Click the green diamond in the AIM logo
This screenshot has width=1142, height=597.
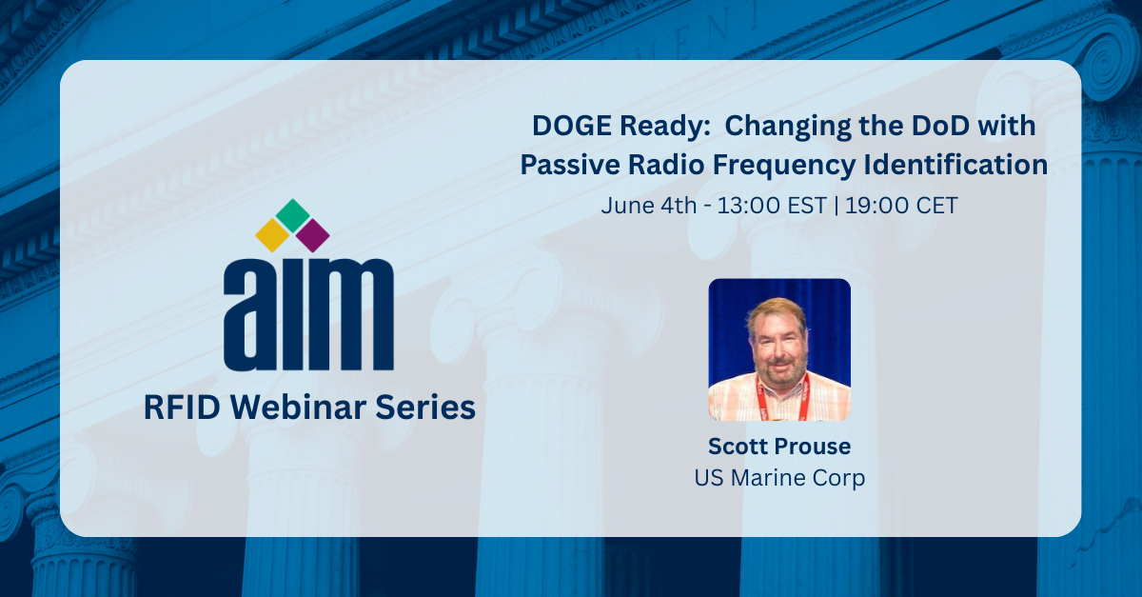[293, 214]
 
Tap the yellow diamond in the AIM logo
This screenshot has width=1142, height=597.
[272, 235]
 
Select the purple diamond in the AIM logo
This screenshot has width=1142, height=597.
[312, 235]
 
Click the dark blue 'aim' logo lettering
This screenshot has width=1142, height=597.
[308, 314]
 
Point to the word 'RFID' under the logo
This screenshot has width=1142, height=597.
[182, 408]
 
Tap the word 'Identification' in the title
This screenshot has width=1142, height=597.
[955, 165]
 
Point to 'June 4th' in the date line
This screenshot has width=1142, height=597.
[648, 206]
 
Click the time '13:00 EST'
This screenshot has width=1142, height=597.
[772, 206]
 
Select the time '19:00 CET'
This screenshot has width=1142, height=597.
[901, 206]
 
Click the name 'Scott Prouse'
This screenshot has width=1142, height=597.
[779, 447]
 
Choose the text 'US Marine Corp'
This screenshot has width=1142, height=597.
[779, 478]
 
